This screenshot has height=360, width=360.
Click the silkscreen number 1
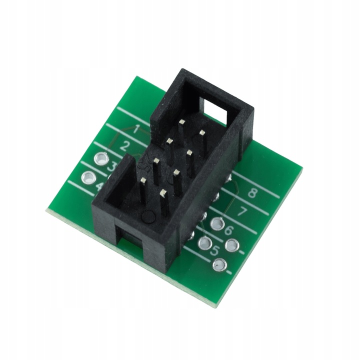(x=136, y=129)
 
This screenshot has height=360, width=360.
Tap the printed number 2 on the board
(x=125, y=147)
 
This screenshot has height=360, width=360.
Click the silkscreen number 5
(x=216, y=250)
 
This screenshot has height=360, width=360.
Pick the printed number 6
(x=229, y=230)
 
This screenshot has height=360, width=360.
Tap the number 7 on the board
(x=241, y=211)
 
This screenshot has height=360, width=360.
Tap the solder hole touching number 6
(x=216, y=224)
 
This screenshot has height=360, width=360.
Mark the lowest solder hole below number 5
(x=218, y=265)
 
